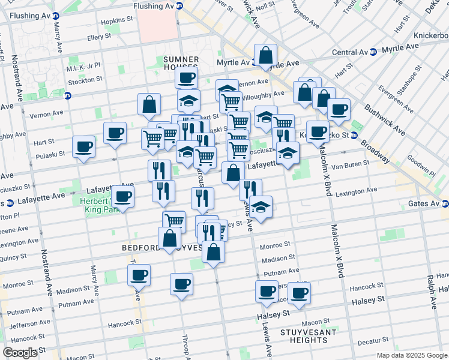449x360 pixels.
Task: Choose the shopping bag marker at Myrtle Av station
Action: [x=265, y=56]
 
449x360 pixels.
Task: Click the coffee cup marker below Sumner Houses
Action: [x=186, y=77]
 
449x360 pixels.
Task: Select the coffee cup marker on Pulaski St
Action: [x=83, y=146]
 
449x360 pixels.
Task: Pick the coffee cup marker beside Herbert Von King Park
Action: [x=123, y=196]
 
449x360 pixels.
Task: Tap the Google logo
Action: [x=20, y=353]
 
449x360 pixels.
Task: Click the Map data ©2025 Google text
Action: [x=411, y=355]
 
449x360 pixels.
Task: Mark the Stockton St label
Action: [x=85, y=80]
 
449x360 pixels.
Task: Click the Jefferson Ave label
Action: [x=26, y=325]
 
